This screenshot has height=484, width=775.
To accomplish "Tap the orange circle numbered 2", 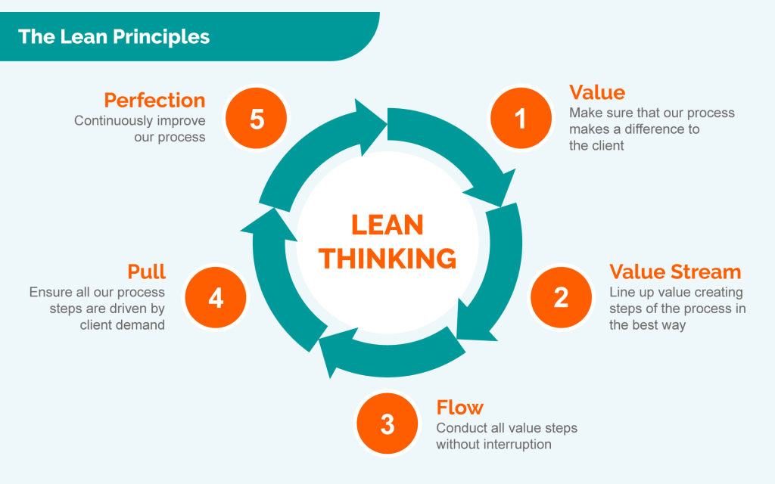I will tap(561, 297).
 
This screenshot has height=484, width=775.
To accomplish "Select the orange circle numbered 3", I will tap(387, 424).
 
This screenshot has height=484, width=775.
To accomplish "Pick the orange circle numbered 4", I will tap(216, 298).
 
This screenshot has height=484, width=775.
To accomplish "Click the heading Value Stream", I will tap(675, 272).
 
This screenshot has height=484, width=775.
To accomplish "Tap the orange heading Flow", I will tap(459, 408).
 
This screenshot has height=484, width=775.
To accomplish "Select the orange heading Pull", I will tap(147, 271).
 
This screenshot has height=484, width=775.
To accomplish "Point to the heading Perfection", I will tap(154, 101).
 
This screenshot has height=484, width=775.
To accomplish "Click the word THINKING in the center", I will tap(387, 259).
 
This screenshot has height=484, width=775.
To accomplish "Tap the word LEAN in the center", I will tap(387, 225).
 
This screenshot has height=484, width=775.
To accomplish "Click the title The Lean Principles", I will tap(114, 36).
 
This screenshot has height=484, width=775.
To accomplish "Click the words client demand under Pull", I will tap(123, 325).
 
